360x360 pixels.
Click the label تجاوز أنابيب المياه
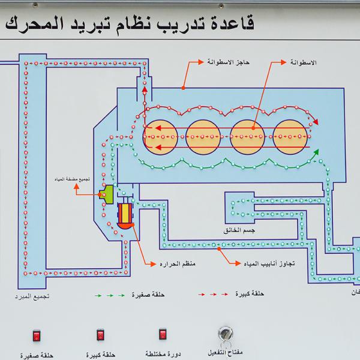click(x=265, y=263)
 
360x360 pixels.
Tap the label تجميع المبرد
click(x=32, y=298)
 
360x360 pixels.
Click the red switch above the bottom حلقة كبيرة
click(x=100, y=334)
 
